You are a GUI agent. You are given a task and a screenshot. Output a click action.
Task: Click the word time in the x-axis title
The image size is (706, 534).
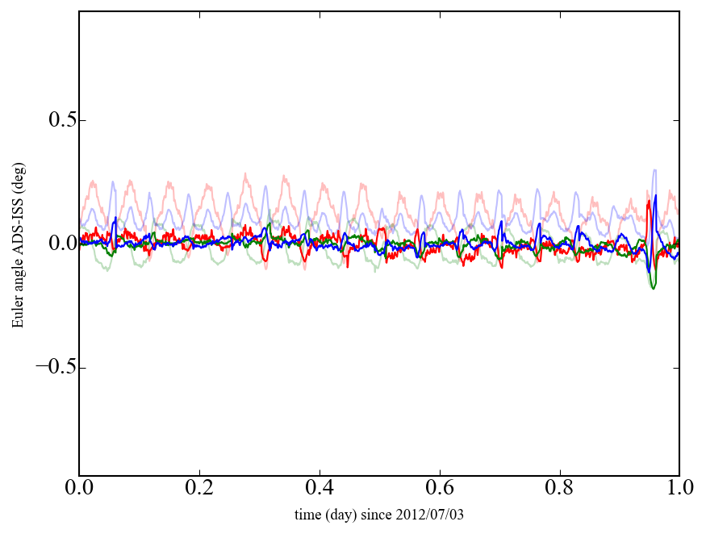click(x=307, y=514)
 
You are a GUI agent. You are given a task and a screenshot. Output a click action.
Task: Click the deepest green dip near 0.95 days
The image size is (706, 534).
click(x=653, y=288)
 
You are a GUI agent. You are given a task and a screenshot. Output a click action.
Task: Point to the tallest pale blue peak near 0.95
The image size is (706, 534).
click(x=654, y=170)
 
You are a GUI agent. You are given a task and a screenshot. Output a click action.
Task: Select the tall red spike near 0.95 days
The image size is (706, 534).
click(x=649, y=202)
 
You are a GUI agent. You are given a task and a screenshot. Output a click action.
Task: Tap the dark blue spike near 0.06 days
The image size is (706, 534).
click(x=115, y=218)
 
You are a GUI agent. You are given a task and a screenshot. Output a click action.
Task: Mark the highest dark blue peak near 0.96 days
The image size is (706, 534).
click(x=656, y=196)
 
